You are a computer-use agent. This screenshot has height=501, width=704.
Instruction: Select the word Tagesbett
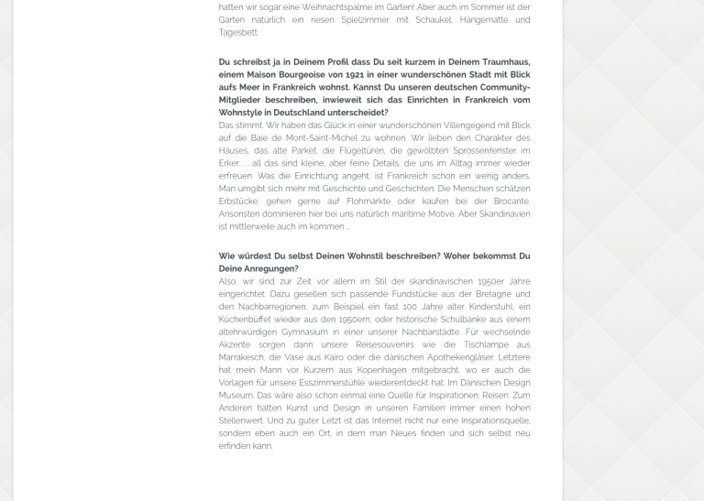[237, 33]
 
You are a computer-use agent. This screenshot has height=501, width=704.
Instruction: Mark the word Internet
[359, 421]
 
